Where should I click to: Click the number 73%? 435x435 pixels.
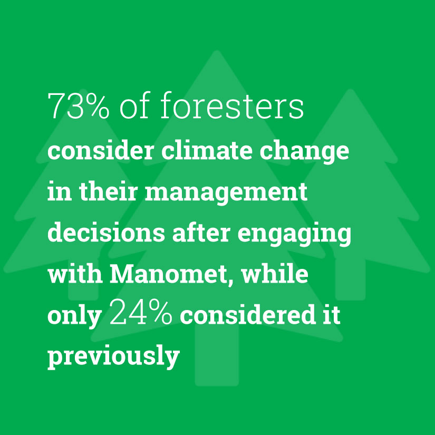point(79,106)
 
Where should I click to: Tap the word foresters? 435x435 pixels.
point(232,105)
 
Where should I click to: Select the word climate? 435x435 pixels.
point(207,151)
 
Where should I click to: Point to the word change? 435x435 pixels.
point(304,153)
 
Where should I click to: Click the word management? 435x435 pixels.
point(226,194)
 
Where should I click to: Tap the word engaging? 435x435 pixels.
point(294,235)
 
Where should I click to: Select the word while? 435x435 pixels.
point(275,274)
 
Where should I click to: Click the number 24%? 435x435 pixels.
point(141,311)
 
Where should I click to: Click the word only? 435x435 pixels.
point(74,317)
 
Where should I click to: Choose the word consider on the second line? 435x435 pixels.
point(101,151)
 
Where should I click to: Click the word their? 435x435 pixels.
point(109,192)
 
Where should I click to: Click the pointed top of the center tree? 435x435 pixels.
point(217,51)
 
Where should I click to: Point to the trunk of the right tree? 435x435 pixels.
point(351,279)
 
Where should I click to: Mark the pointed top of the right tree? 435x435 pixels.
point(350,90)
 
